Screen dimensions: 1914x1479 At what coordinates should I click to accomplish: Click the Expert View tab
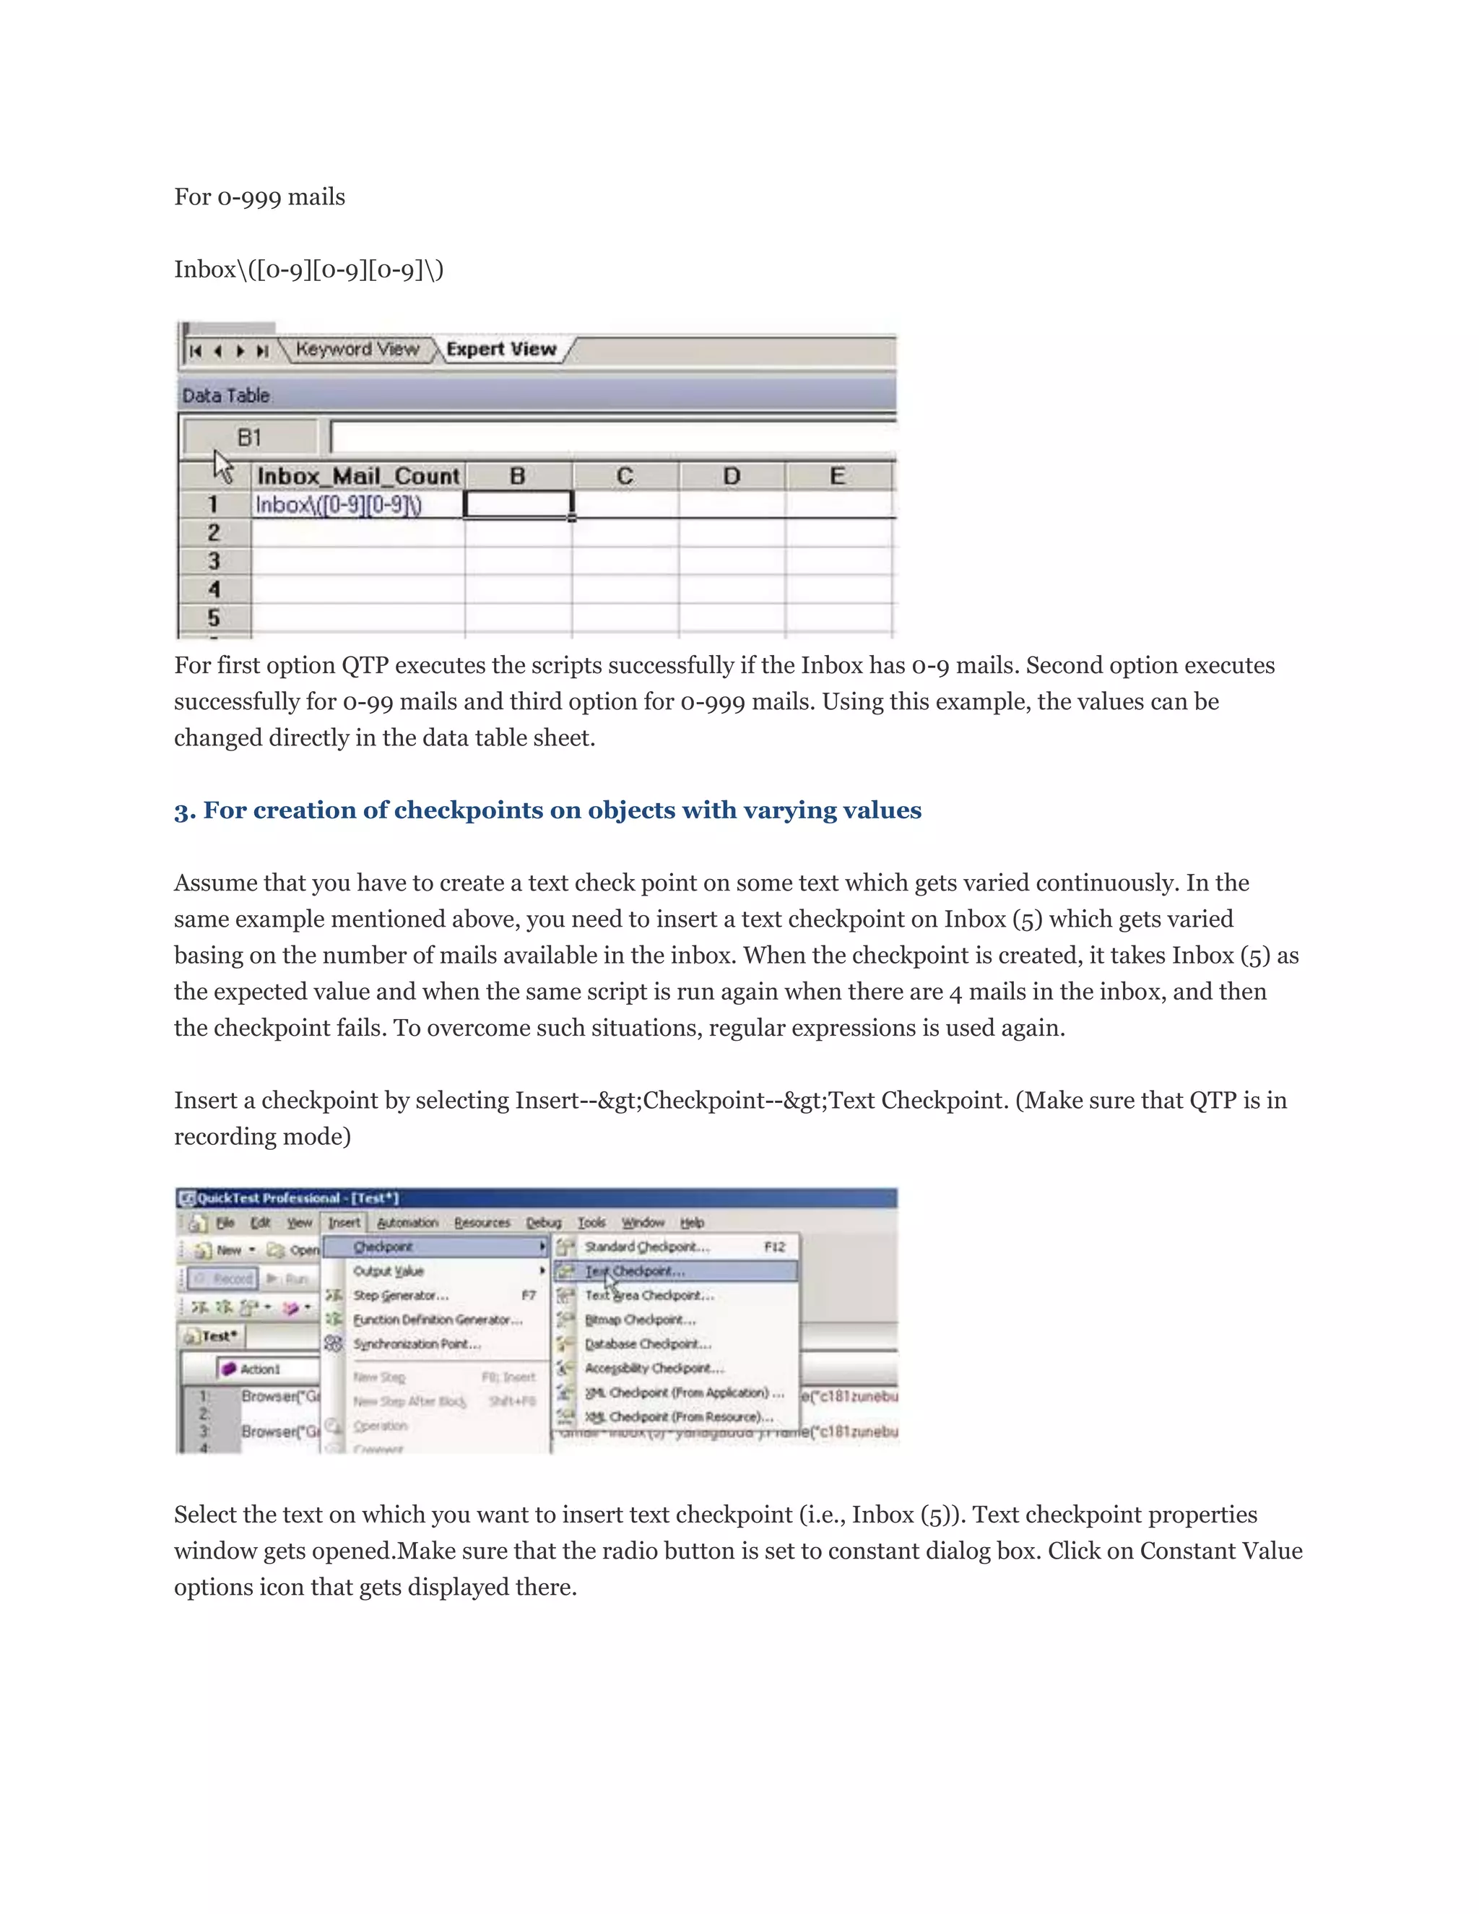[x=501, y=349]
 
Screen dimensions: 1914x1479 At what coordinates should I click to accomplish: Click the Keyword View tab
[x=357, y=349]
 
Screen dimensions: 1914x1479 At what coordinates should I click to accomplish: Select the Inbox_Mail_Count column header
[x=357, y=476]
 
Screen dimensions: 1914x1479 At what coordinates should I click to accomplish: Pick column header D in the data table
[x=732, y=476]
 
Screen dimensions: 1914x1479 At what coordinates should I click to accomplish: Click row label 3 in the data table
[x=214, y=561]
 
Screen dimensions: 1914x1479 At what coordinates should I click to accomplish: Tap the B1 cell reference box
[x=250, y=436]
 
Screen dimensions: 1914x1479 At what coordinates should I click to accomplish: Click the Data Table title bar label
[x=226, y=395]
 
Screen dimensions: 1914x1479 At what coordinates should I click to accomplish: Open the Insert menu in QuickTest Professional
[x=344, y=1221]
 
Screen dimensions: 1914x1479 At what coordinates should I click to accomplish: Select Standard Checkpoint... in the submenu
[x=646, y=1246]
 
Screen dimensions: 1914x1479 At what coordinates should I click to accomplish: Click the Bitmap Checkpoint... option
[x=640, y=1319]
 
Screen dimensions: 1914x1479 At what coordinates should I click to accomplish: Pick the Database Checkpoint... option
[x=648, y=1343]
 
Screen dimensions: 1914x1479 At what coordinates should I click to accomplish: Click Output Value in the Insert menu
[x=388, y=1270]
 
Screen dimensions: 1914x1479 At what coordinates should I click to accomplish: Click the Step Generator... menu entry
[x=400, y=1295]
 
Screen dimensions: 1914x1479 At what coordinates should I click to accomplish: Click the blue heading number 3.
[x=184, y=810]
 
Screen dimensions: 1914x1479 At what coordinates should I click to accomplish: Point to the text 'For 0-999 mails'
[x=259, y=197]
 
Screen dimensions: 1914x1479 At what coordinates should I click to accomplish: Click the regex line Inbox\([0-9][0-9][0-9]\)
[x=308, y=269]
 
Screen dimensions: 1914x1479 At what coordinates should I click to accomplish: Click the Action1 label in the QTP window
[x=259, y=1368]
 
